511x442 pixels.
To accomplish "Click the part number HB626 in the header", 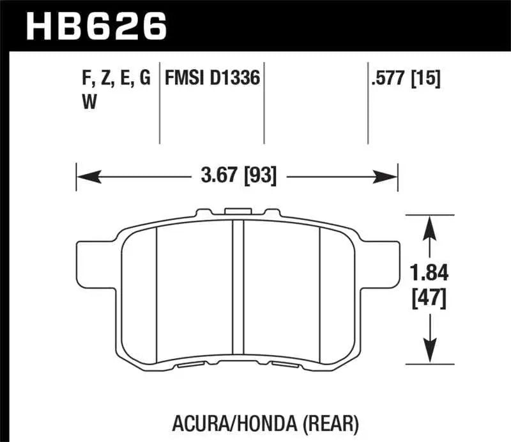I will (96, 26).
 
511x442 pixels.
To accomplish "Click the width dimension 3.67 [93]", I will (237, 173).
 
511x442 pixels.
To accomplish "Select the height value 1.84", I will (432, 273).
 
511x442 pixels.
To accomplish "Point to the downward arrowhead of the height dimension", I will (432, 355).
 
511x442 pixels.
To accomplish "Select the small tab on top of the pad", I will (238, 210).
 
